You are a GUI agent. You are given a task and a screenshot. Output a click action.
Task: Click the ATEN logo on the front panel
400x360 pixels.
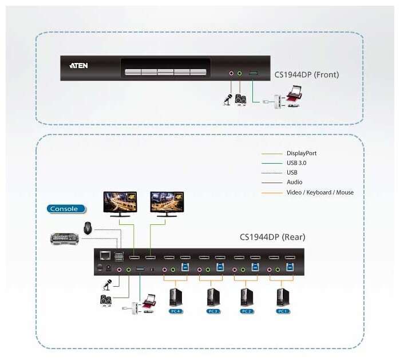click(78, 66)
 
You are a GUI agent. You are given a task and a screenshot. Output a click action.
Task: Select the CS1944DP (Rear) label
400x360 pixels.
click(272, 237)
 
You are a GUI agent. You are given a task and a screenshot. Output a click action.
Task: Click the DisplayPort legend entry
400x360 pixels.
click(301, 153)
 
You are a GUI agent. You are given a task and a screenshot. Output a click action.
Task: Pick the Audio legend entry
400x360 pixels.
click(294, 183)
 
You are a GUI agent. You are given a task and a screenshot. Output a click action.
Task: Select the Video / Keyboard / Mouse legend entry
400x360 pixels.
click(320, 192)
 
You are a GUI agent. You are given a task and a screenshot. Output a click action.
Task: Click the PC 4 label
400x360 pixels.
click(175, 311)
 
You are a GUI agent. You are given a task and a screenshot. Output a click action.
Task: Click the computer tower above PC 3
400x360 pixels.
click(211, 296)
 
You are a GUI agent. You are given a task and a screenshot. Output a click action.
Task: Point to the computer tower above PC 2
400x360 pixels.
click(245, 296)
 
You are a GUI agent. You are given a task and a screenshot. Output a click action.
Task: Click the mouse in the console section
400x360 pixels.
click(88, 227)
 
